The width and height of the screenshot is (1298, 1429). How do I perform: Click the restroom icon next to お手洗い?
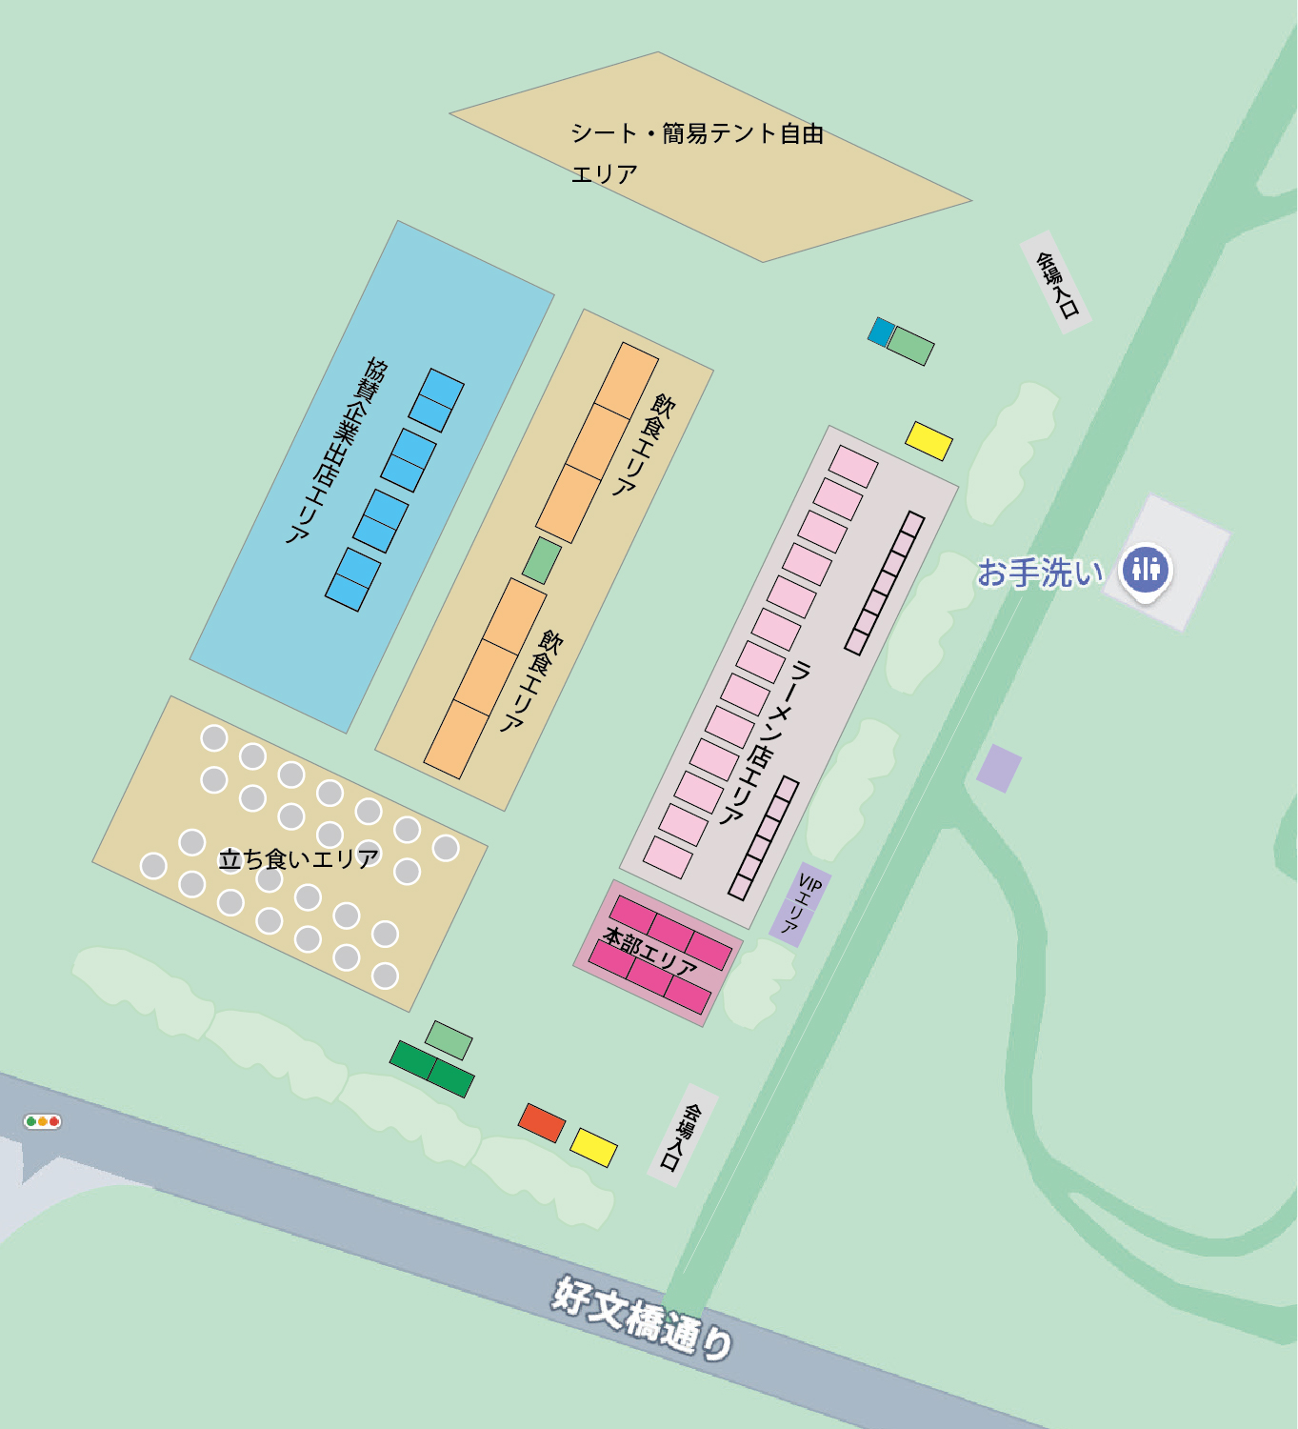tap(1146, 570)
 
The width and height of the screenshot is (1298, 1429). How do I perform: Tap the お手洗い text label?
tap(1041, 573)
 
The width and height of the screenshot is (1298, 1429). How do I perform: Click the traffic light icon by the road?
tap(43, 1121)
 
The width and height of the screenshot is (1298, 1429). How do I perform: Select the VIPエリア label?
tap(801, 903)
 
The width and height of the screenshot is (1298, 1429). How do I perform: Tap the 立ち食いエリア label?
tap(299, 859)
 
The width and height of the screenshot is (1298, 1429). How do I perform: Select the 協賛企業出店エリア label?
tap(338, 450)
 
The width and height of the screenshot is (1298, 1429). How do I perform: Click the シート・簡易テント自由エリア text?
tap(696, 152)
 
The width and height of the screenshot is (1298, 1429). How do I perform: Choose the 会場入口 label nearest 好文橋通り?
tap(683, 1136)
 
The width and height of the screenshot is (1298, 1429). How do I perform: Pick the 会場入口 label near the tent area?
tap(1056, 283)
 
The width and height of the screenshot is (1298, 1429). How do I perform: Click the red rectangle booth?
tap(542, 1122)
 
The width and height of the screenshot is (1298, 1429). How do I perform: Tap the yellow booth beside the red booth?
tap(593, 1147)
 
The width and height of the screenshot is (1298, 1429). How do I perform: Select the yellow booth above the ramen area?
tap(929, 440)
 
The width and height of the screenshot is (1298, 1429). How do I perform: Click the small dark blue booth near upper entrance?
tap(882, 332)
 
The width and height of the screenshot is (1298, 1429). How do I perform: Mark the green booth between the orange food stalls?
tap(542, 560)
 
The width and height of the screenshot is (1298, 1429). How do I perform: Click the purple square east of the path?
tap(999, 768)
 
